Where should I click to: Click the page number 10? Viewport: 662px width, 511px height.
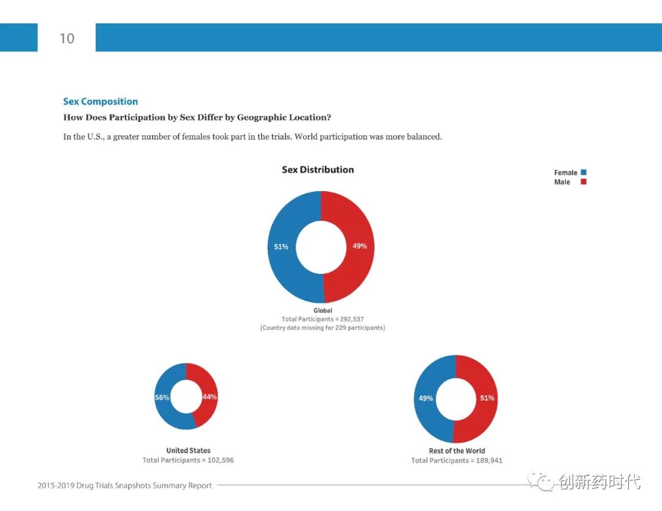click(x=67, y=39)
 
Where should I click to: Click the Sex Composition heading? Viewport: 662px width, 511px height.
click(x=101, y=102)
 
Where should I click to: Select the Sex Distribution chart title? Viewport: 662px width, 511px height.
click(x=318, y=170)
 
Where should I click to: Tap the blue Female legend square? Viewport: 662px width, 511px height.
click(x=584, y=173)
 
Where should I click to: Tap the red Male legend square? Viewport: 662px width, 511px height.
click(x=584, y=182)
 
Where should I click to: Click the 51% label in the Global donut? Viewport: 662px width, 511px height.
click(x=281, y=247)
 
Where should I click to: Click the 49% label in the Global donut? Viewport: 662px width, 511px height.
click(x=359, y=246)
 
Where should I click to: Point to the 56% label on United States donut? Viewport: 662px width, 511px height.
click(x=162, y=397)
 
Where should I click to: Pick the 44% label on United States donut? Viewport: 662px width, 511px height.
click(x=210, y=396)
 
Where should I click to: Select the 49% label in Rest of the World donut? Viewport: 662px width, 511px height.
click(x=425, y=398)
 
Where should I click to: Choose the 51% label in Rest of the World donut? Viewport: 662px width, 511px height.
click(x=487, y=398)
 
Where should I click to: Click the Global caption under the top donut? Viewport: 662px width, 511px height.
click(x=322, y=311)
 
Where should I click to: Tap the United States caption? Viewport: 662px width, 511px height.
click(x=188, y=451)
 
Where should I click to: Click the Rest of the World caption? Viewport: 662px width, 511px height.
click(x=457, y=451)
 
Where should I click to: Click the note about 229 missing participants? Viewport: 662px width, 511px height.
click(x=322, y=328)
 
